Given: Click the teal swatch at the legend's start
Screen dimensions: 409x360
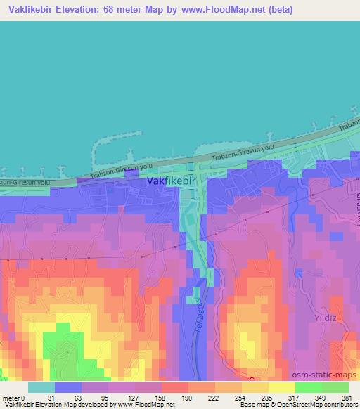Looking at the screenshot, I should pos(41,388).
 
